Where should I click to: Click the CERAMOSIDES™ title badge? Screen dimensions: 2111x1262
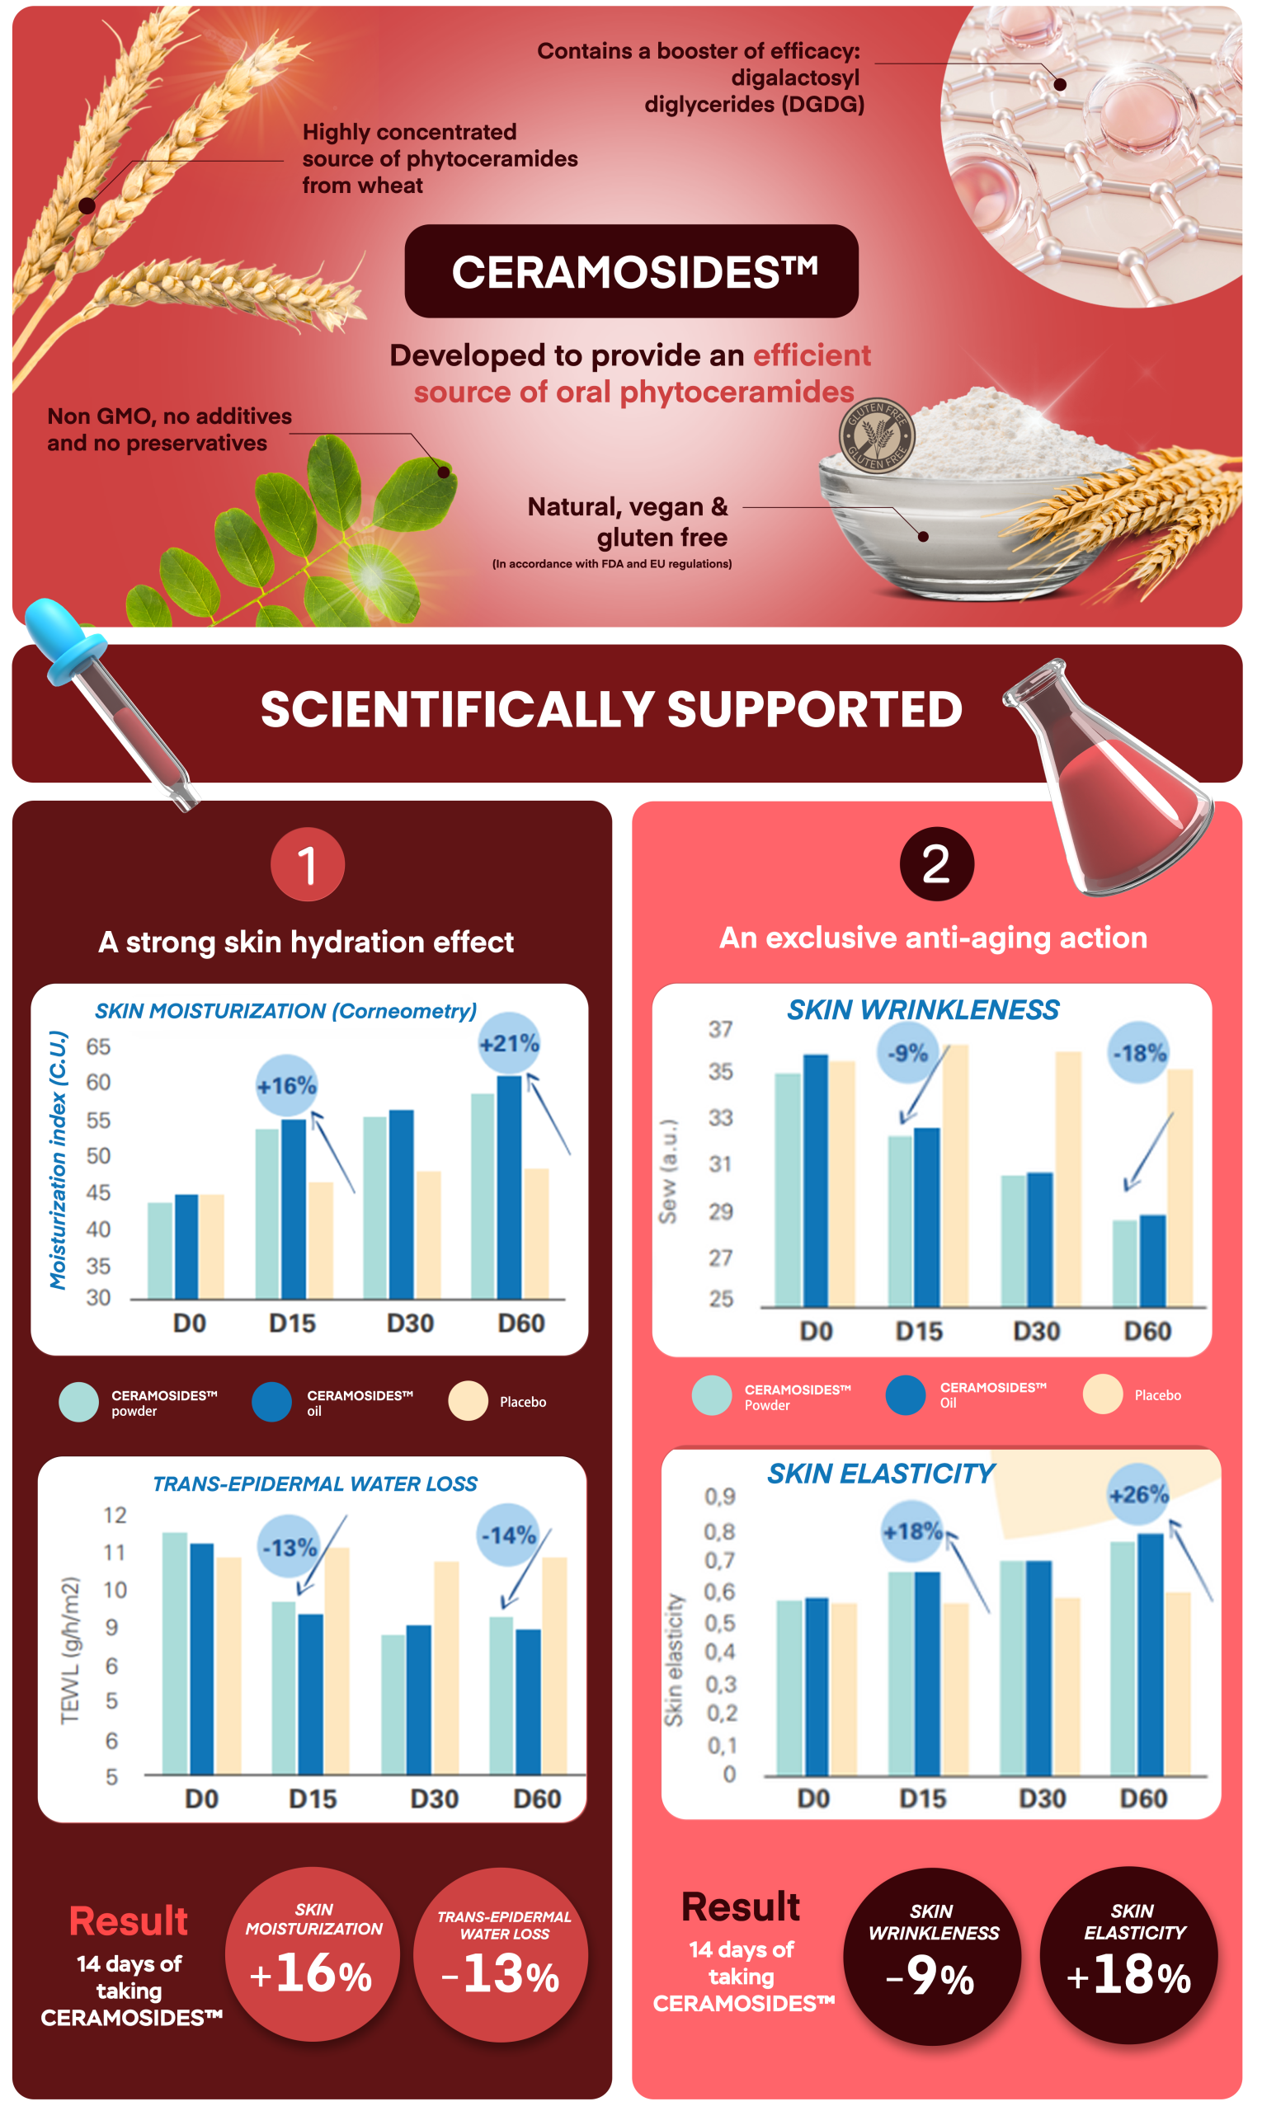[x=631, y=271]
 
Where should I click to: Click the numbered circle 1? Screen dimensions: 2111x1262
[x=308, y=865]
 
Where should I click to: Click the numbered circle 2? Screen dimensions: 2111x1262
[x=935, y=864]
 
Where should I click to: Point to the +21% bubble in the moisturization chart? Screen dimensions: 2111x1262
[x=510, y=1043]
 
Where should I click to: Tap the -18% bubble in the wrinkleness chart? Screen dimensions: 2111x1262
[x=1140, y=1052]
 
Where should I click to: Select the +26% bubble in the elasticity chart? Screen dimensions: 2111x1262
[x=1139, y=1493]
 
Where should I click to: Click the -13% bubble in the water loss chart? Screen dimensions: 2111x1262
[x=290, y=1546]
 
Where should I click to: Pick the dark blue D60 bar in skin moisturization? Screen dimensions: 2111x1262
[x=510, y=1186]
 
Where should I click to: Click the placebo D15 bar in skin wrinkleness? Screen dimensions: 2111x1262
[x=955, y=1175]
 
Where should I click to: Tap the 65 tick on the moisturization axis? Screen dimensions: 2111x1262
[x=98, y=1046]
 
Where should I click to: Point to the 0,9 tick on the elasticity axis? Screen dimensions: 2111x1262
[x=719, y=1497]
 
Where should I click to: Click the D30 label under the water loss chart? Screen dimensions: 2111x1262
[x=434, y=1798]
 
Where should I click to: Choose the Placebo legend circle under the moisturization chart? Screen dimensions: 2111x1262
[x=468, y=1401]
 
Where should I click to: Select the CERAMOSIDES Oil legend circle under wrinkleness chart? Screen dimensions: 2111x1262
[x=906, y=1395]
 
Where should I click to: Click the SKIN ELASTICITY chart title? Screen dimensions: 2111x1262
[x=881, y=1474]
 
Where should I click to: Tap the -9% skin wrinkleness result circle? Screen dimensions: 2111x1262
[x=932, y=1956]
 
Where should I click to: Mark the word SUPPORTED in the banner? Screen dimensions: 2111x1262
[x=814, y=710]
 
